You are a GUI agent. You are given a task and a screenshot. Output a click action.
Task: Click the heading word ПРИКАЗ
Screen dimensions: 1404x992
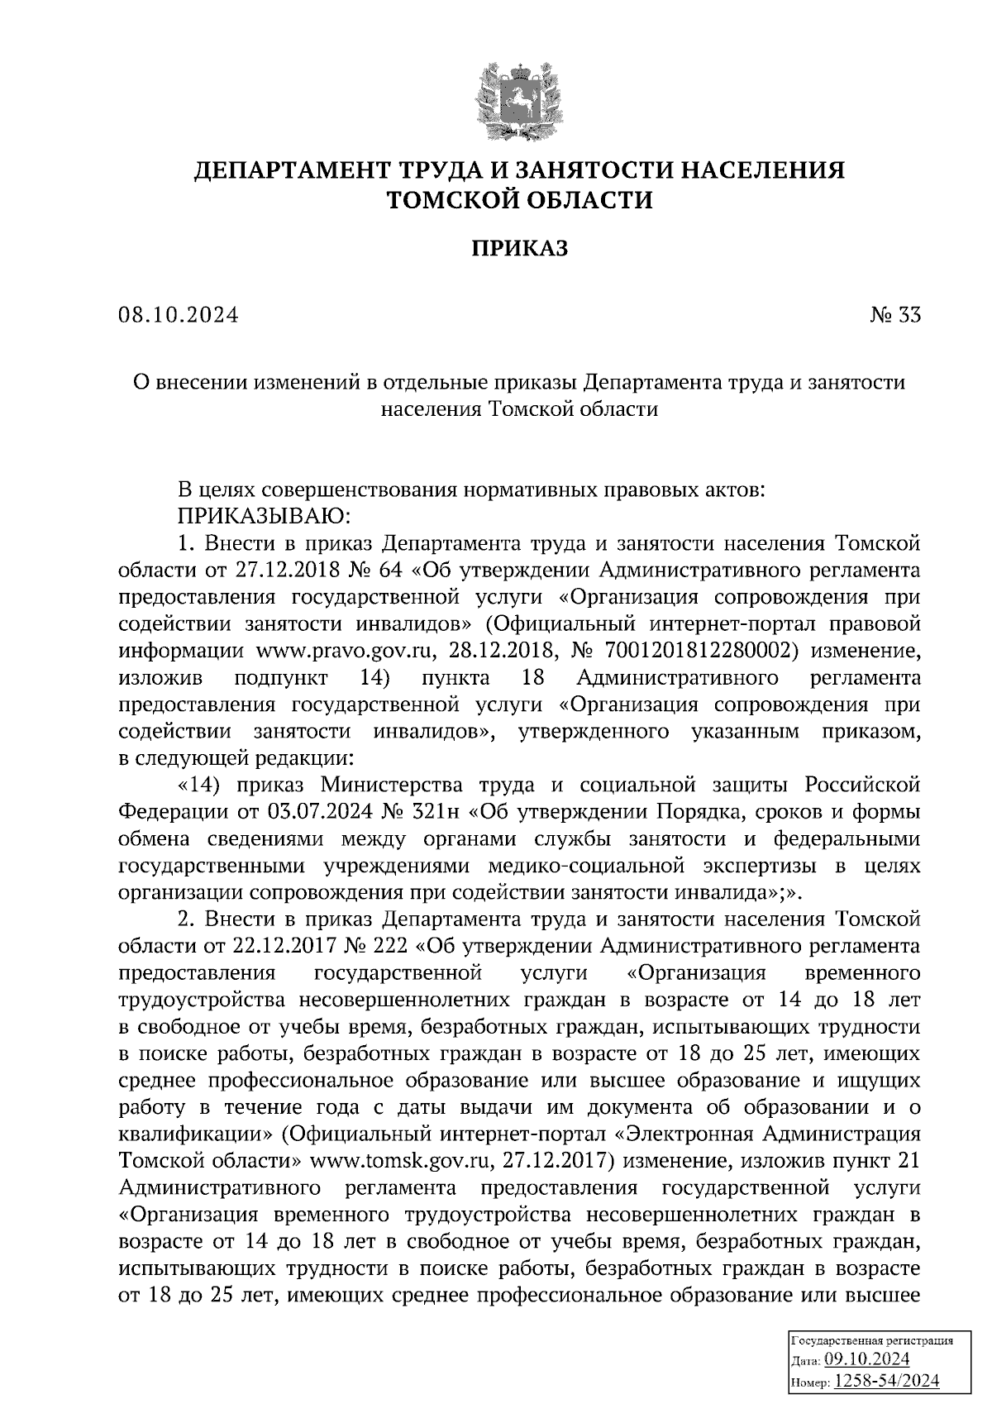[520, 248]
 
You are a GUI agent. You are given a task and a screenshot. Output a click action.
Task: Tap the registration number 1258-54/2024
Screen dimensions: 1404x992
[886, 1381]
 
